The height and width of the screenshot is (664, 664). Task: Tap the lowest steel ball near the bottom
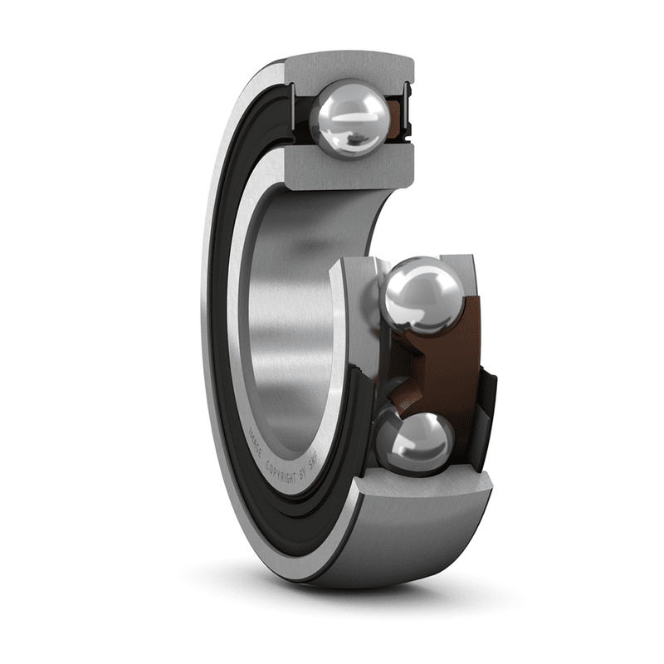pyautogui.click(x=414, y=441)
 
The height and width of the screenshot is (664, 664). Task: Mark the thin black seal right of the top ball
pyautogui.click(x=408, y=108)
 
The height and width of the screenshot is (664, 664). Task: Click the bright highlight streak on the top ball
pyautogui.click(x=354, y=133)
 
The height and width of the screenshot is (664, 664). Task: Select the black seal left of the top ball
pyautogui.click(x=304, y=108)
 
